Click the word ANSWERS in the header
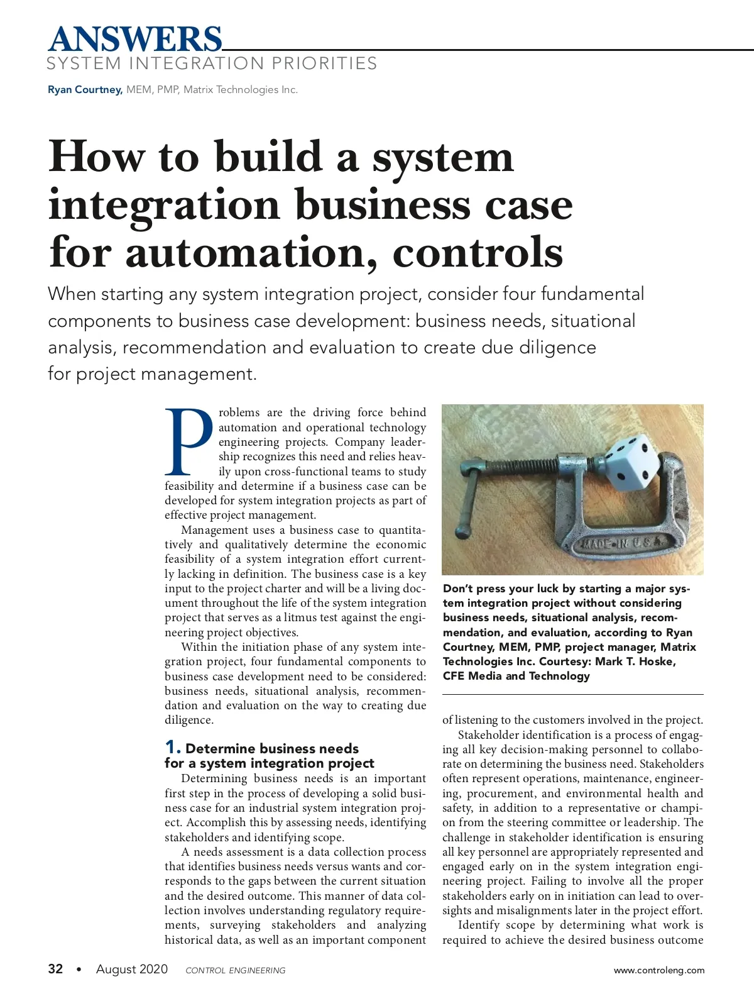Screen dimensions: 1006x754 134,39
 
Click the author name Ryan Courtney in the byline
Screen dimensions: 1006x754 85,90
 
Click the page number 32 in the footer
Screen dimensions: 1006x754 55,969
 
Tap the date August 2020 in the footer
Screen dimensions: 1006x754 132,969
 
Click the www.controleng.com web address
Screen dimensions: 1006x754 659,970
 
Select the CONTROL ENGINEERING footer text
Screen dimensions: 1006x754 235,970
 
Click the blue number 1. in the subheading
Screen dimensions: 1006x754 173,747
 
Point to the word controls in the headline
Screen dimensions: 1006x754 478,253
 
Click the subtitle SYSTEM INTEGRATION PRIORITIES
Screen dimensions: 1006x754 212,64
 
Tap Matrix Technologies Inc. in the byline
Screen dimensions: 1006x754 241,90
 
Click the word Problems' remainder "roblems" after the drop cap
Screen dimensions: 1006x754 239,412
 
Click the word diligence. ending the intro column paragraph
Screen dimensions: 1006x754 189,720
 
